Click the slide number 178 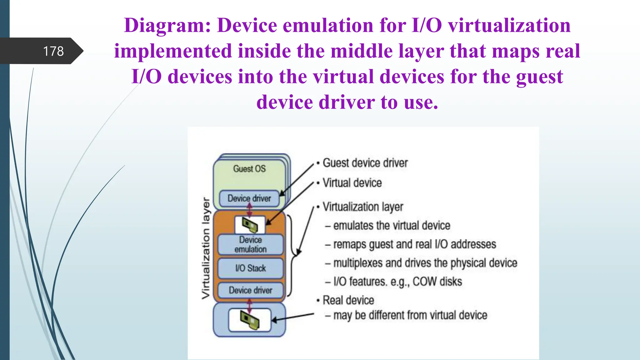point(53,51)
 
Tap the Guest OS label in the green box point(249,169)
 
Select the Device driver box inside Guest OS point(249,198)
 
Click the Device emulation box point(251,244)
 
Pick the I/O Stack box point(251,268)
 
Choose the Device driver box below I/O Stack point(251,290)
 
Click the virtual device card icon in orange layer point(250,224)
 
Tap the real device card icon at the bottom point(250,320)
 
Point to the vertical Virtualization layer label point(206,248)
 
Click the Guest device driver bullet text point(365,163)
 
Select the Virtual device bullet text point(352,183)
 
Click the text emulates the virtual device point(392,225)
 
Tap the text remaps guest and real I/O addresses point(414,244)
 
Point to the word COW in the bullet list point(425,282)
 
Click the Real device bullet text point(348,300)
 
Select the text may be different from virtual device point(410,315)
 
